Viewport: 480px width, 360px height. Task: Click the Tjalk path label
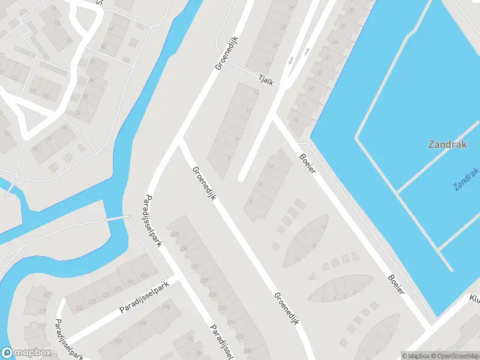(265, 80)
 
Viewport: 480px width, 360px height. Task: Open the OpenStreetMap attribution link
(454, 356)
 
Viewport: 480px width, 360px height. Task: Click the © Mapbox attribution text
(415, 356)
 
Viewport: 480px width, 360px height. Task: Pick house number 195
(166, 308)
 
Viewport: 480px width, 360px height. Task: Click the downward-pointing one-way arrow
(291, 60)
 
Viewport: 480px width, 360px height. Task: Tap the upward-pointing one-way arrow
(307, 52)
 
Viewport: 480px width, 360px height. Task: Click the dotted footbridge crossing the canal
(118, 218)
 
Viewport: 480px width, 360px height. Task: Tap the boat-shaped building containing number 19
(309, 240)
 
